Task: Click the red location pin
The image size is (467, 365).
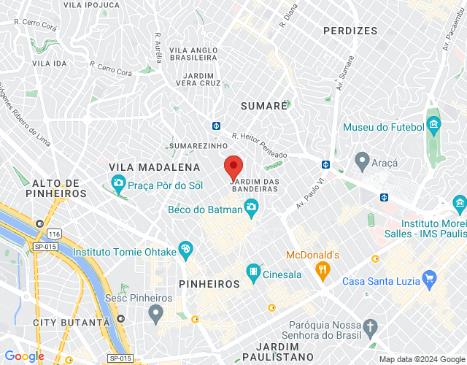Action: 233,168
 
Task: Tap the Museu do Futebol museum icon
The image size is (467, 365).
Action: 434,123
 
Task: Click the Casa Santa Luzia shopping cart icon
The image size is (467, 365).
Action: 429,277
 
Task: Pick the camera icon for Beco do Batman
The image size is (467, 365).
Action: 251,208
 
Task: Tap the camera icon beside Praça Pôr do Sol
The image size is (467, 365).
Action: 117,182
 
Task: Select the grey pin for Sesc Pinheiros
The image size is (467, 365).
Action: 155,314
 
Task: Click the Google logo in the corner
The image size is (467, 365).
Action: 23,356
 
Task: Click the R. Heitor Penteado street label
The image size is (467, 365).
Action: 259,145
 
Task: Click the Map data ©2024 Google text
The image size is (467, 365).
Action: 421,359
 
